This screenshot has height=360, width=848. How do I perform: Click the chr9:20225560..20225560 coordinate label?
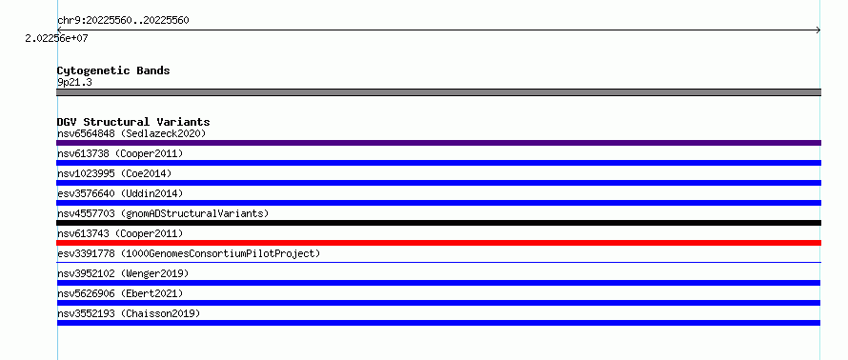pyautogui.click(x=123, y=21)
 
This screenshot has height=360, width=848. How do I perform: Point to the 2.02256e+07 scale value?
pyautogui.click(x=57, y=38)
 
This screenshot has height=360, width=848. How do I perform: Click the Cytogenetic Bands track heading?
pyautogui.click(x=113, y=70)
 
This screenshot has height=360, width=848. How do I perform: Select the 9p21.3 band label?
pyautogui.click(x=74, y=82)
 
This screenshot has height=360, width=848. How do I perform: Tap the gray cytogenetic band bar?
pyautogui.click(x=438, y=92)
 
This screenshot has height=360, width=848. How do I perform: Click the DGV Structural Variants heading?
pyautogui.click(x=133, y=122)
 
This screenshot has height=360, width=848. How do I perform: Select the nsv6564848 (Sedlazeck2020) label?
pyautogui.click(x=131, y=133)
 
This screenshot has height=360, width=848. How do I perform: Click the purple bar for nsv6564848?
pyautogui.click(x=438, y=143)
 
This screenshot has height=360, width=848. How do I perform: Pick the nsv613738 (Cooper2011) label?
pyautogui.click(x=120, y=153)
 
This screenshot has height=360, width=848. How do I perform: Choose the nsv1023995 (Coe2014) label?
pyautogui.click(x=114, y=173)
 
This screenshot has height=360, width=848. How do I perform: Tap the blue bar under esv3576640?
pyautogui.click(x=438, y=203)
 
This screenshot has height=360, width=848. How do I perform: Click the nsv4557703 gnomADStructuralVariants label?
pyautogui.click(x=163, y=213)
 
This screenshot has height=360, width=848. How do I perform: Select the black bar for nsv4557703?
pyautogui.click(x=438, y=223)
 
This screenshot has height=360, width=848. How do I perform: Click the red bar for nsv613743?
pyautogui.click(x=438, y=243)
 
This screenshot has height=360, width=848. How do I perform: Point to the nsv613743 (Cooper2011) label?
pyautogui.click(x=120, y=233)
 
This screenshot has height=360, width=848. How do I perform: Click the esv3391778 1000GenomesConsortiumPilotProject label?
pyautogui.click(x=189, y=253)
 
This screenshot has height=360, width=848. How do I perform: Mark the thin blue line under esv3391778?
pyautogui.click(x=438, y=263)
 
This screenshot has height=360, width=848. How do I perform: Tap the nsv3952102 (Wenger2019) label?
pyautogui.click(x=123, y=273)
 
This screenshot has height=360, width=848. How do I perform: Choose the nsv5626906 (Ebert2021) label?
pyautogui.click(x=120, y=293)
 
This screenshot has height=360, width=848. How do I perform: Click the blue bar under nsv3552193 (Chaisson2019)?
pyautogui.click(x=438, y=323)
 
